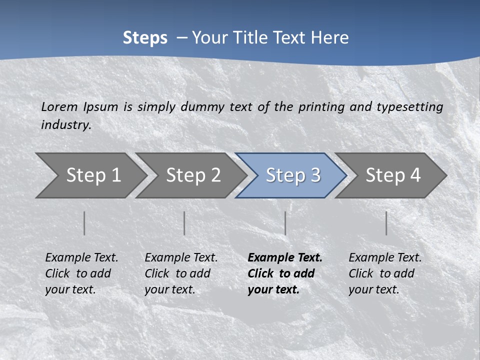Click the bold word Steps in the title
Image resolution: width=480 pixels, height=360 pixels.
tap(145, 38)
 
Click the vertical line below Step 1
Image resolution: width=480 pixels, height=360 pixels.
tap(84, 223)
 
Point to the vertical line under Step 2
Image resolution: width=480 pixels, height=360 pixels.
tap(184, 223)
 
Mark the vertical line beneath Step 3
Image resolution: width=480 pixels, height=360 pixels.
tap(285, 223)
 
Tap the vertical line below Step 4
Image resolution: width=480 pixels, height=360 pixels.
tap(386, 223)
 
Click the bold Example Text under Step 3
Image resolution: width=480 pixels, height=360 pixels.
tap(284, 273)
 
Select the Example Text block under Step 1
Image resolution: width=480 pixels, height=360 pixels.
tap(81, 273)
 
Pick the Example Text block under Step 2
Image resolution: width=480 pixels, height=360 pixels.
tap(181, 273)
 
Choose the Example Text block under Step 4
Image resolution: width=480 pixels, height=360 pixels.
tap(385, 273)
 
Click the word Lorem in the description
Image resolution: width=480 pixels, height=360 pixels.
tap(59, 107)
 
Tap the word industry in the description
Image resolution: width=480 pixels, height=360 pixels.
tap(65, 125)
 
